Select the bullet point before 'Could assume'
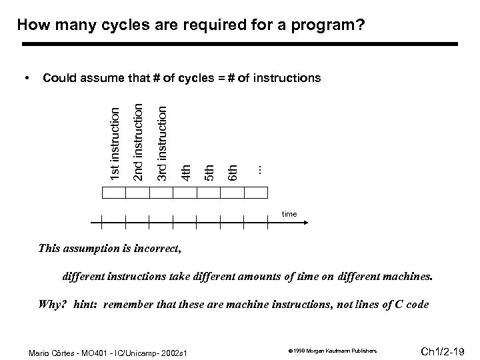(x=26, y=79)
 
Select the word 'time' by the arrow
(x=289, y=213)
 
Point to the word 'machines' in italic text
(x=409, y=275)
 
